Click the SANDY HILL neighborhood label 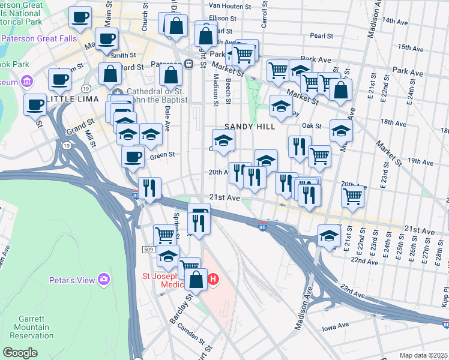point(250,127)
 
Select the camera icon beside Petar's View point(104,279)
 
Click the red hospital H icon point(212,279)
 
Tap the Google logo point(20,353)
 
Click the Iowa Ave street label point(335,325)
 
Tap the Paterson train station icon point(188,64)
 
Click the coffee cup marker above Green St point(133,157)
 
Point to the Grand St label point(77,129)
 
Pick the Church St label point(145,19)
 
